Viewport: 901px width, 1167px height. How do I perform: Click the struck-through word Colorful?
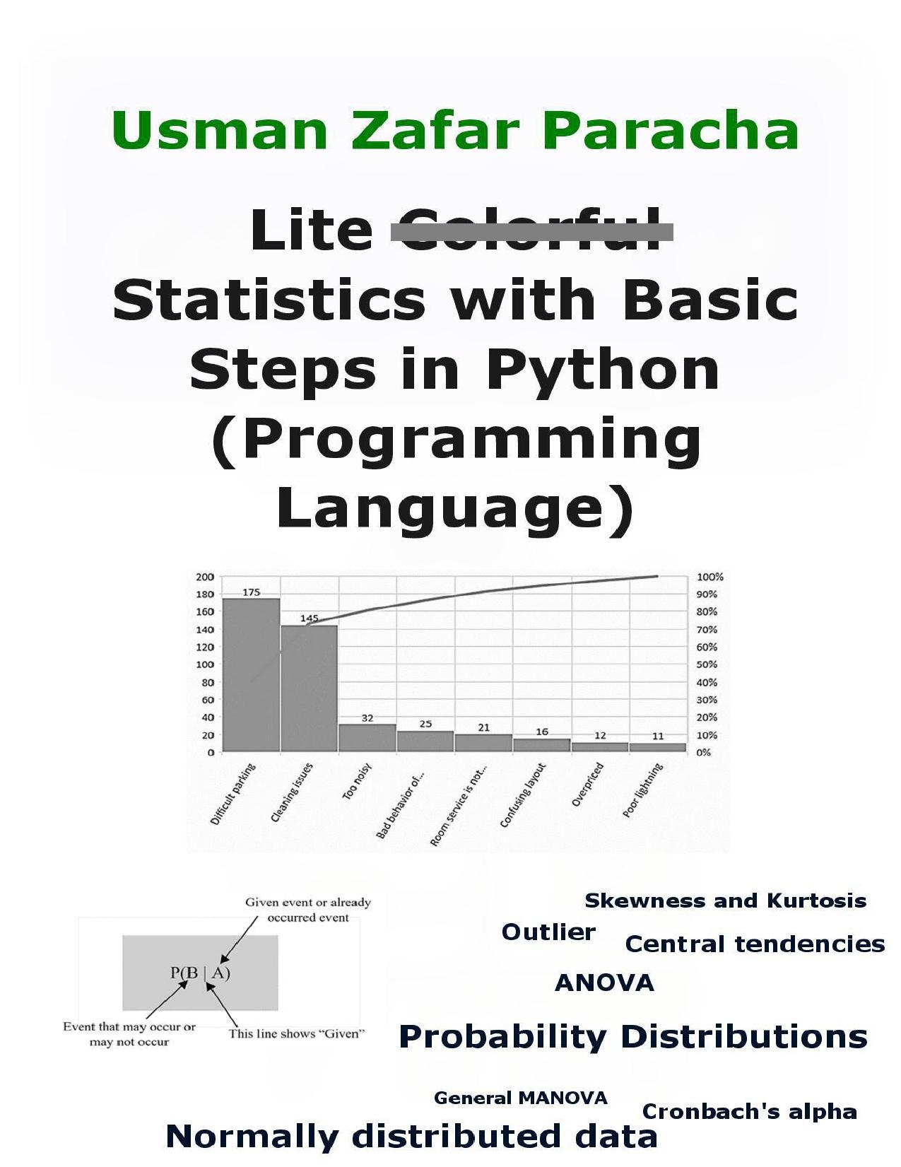531,231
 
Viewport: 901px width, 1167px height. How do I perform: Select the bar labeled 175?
252,675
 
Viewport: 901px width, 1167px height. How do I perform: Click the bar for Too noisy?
367,738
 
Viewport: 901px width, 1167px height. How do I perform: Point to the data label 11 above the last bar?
658,737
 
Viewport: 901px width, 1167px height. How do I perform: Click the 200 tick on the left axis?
205,577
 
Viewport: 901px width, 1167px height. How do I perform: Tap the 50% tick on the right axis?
707,664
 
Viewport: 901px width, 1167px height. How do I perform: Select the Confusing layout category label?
523,795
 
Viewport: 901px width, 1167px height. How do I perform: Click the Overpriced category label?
587,785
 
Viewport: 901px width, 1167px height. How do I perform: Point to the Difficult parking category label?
233,794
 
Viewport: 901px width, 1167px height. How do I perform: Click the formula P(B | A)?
200,973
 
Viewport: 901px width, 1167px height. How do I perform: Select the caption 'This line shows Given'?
297,1033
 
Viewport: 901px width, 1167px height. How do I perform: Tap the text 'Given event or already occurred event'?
308,910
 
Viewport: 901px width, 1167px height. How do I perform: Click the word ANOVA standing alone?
604,983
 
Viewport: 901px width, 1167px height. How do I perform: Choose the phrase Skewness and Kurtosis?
726,901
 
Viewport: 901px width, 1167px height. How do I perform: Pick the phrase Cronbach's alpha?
750,1112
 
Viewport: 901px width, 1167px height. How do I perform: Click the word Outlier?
548,932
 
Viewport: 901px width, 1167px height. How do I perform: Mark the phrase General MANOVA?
521,1098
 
